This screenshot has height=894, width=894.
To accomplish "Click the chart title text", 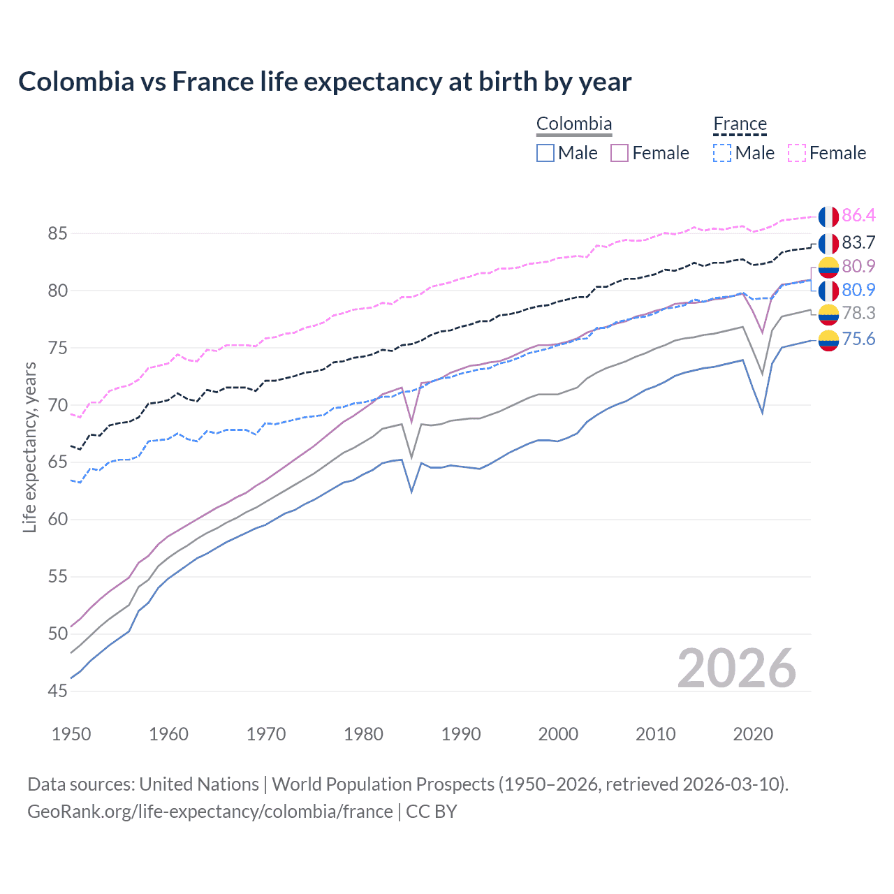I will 325,82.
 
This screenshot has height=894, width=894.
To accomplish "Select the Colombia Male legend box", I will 545,153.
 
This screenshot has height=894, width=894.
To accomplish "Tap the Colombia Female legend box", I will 620,153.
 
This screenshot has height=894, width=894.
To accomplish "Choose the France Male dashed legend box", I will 722,153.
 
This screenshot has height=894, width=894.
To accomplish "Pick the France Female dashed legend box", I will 797,153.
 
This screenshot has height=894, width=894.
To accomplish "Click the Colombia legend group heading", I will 574,124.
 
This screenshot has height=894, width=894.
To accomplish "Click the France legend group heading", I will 740,124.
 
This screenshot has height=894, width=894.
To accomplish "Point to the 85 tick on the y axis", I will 58,233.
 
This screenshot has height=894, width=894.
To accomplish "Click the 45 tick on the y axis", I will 58,691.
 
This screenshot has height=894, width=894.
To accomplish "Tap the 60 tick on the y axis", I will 58,520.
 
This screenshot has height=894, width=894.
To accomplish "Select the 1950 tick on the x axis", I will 71,734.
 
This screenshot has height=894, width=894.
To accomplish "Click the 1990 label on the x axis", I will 461,734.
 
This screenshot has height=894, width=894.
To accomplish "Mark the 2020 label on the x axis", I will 753,734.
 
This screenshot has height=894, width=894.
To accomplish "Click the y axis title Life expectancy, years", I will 30,447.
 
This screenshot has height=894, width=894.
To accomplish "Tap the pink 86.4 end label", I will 858,215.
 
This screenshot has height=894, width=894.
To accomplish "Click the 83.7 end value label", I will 858,242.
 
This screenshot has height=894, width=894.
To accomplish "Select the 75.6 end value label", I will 858,339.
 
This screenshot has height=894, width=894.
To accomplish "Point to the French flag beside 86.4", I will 828,217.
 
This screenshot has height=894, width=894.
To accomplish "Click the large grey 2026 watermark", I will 737,668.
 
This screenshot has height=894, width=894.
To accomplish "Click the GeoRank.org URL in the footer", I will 210,812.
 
